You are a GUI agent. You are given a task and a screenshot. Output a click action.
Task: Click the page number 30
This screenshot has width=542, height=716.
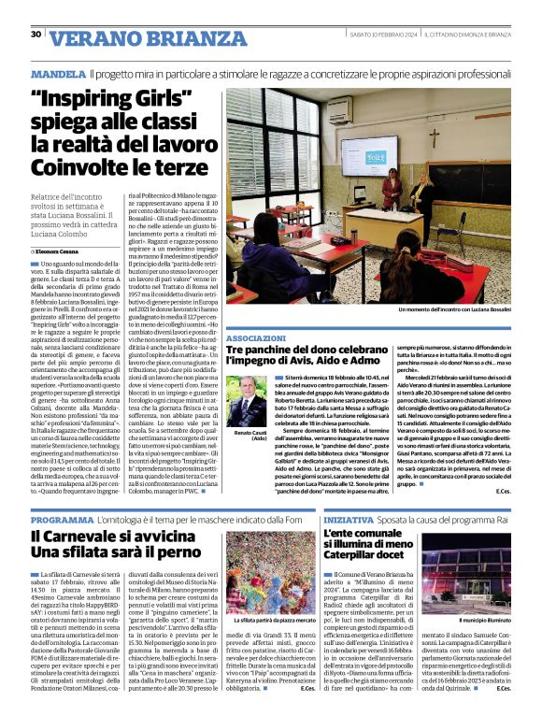36,35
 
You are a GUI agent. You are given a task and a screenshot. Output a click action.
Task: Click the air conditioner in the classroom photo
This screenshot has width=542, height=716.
338,108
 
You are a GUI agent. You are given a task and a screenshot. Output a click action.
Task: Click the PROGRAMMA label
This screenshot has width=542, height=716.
61,518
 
